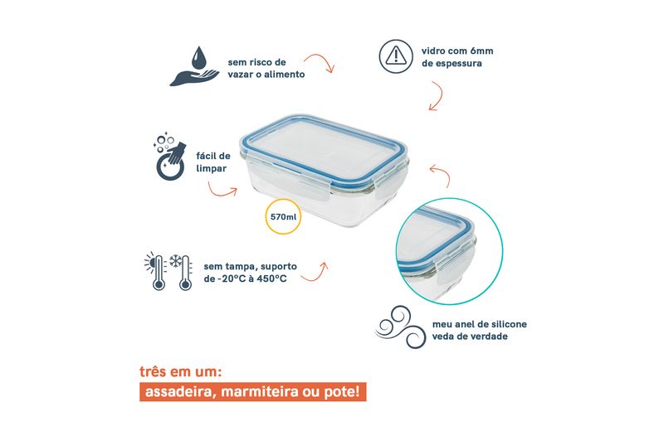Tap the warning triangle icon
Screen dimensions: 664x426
tap(396, 56)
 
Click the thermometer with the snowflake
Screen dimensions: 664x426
tap(182, 272)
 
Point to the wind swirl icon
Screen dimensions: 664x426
tap(401, 327)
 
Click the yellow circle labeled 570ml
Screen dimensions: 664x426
tap(283, 216)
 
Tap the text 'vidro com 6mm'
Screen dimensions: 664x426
tap(457, 51)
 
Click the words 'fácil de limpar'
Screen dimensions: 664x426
tap(213, 162)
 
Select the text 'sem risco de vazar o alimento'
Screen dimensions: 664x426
tap(266, 68)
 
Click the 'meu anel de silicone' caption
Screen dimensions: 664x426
tap(480, 324)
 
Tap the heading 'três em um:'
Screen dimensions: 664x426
tap(181, 372)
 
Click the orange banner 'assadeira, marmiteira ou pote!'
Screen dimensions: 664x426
tap(253, 392)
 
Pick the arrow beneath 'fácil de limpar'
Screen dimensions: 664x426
tap(221, 193)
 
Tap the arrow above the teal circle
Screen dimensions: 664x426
tap(443, 172)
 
